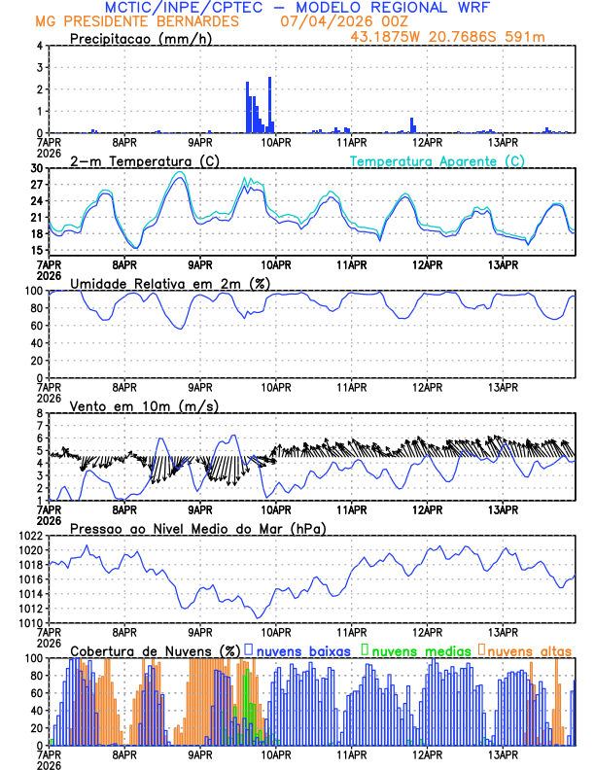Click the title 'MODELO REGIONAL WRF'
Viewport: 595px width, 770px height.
point(399,8)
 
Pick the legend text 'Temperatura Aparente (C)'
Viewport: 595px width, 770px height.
point(437,160)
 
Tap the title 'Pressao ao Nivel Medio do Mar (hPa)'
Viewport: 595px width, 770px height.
point(197,528)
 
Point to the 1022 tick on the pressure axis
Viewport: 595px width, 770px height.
point(31,536)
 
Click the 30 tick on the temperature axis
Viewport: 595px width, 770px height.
point(37,168)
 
